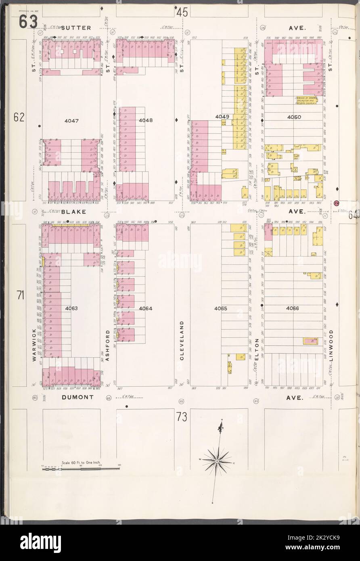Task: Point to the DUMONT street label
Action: (x=78, y=397)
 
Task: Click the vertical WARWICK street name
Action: (x=35, y=345)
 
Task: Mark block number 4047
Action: (x=71, y=120)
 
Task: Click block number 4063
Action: (x=71, y=308)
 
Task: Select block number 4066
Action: (x=292, y=308)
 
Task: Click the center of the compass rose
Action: (x=217, y=461)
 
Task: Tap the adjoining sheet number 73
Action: (x=182, y=418)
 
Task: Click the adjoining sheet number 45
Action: (x=182, y=13)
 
